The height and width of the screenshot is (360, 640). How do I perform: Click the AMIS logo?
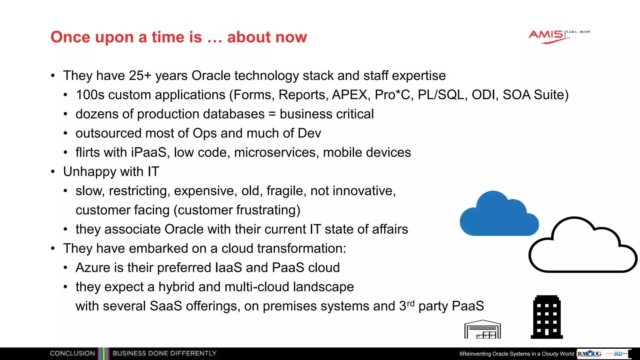point(547,36)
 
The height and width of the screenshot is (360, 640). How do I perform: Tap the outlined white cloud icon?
point(582,247)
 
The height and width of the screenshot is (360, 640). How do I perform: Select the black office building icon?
point(547,317)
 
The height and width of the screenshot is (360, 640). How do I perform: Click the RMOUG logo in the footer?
point(589,354)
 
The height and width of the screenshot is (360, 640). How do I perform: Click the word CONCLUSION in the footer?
point(72,353)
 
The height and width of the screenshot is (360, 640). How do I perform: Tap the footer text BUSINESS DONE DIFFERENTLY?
point(164,353)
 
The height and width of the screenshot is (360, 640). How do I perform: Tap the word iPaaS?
point(149,152)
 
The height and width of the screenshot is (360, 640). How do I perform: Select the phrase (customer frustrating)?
point(237,210)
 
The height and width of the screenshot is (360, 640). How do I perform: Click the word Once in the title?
point(71,37)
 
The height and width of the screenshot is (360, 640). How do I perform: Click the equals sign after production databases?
point(272,114)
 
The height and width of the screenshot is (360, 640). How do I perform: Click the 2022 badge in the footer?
point(618,354)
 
